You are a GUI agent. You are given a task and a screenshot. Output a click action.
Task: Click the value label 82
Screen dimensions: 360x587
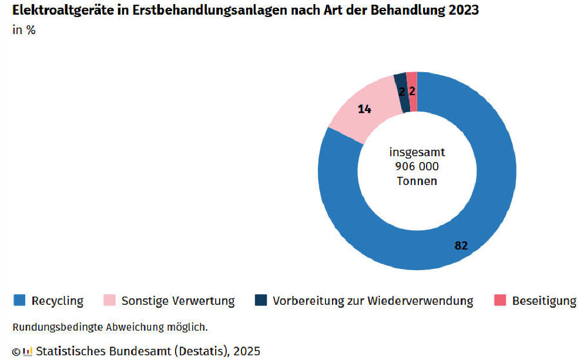click(x=461, y=245)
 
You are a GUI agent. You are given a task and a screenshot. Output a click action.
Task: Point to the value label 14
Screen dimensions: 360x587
click(x=364, y=109)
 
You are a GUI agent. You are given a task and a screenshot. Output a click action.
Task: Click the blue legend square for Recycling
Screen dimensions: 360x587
click(x=19, y=301)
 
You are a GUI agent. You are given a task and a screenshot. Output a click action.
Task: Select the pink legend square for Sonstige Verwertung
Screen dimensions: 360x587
click(x=109, y=301)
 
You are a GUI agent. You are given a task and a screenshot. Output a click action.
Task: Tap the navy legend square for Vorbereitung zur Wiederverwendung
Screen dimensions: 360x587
click(x=261, y=301)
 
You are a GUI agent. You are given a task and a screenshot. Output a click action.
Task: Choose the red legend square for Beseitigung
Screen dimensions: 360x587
click(x=500, y=301)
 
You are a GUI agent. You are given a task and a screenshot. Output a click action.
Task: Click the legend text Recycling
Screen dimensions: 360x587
click(x=58, y=301)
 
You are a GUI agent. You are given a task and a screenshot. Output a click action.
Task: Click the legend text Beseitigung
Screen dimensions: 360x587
click(x=544, y=301)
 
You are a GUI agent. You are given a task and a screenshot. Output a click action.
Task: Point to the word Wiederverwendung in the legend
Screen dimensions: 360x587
click(x=420, y=301)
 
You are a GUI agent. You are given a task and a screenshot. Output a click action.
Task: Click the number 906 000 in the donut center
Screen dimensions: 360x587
click(x=417, y=167)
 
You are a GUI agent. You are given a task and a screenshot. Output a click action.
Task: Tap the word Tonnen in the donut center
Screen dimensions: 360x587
click(x=417, y=181)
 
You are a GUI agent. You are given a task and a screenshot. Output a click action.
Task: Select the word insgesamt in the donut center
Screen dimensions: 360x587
click(x=417, y=152)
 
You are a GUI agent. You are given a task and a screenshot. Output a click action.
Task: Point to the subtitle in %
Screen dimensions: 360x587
click(x=24, y=30)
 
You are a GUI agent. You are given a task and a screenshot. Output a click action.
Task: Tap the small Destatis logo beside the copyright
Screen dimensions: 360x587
click(x=27, y=352)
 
